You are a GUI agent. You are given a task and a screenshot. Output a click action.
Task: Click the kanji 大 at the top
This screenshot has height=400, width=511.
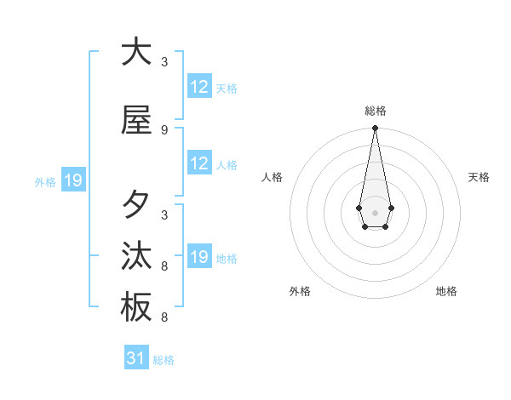point(136,52)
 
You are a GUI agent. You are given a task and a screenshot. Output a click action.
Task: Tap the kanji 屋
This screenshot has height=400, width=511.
point(136,120)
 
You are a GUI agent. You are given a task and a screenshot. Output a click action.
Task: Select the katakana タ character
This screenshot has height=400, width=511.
point(136,205)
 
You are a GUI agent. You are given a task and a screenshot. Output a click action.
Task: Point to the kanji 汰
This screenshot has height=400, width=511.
point(136,256)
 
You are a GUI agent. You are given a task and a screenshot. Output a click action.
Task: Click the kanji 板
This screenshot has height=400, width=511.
point(136,307)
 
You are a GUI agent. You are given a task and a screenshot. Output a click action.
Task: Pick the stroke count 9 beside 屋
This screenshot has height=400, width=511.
point(164,130)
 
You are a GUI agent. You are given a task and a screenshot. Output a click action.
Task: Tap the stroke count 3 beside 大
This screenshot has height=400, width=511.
point(164,62)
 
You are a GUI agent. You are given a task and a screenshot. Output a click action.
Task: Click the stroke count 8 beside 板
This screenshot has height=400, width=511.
point(164,317)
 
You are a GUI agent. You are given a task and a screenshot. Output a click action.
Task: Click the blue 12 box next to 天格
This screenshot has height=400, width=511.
point(199,87)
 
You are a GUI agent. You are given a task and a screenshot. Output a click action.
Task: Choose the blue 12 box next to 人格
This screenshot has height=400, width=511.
point(199,163)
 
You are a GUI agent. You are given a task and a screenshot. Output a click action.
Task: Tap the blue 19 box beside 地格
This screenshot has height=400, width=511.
point(199,257)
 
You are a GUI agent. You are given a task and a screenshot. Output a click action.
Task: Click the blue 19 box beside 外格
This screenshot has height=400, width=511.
point(72,180)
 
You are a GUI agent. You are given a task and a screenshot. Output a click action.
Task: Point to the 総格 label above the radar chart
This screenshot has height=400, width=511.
point(375,111)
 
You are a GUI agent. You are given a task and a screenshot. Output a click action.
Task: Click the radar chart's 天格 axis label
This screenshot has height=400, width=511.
point(479,177)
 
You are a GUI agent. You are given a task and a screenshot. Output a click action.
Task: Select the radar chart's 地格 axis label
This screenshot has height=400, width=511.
point(446,291)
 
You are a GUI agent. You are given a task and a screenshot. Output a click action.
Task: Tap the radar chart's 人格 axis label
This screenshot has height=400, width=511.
point(273,177)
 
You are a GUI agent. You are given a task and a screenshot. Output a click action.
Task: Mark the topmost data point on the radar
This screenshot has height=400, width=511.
point(375,129)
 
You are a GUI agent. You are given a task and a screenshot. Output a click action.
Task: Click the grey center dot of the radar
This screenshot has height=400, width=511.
point(375,211)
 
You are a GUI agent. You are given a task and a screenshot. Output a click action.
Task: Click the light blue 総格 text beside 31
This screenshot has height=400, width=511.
point(164,360)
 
